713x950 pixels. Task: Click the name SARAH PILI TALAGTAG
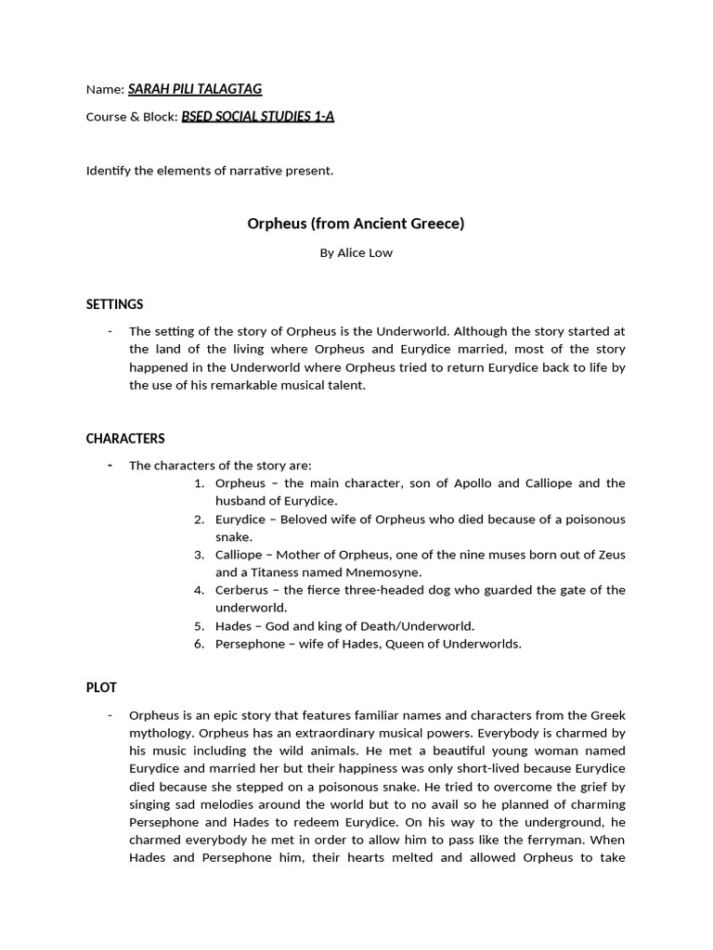pos(195,89)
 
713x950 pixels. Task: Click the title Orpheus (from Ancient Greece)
pos(356,224)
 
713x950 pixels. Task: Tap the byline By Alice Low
pos(356,253)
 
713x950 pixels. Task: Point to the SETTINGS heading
pos(114,304)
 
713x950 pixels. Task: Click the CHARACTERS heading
pos(125,438)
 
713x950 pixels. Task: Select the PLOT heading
pos(101,687)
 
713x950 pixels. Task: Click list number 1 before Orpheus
pos(199,483)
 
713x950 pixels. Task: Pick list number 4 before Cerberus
pos(199,590)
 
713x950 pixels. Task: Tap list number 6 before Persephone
pos(199,644)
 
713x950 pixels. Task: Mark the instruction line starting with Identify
pos(209,171)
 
